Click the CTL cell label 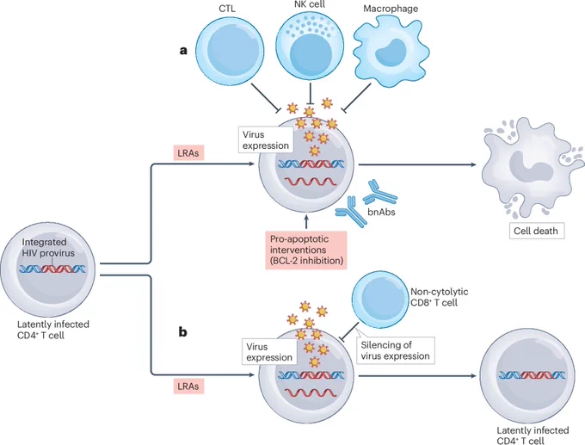227,9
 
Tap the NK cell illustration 310,48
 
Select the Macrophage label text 391,9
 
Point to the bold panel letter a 183,51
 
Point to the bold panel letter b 182,331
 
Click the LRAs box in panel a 188,153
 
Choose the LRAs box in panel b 188,386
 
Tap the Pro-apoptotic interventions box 306,250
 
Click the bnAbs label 381,212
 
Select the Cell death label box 537,231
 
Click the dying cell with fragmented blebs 533,168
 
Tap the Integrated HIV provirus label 48,248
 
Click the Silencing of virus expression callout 395,350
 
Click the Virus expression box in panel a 266,140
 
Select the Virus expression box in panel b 269,352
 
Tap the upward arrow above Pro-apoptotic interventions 306,221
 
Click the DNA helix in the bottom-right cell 533,375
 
